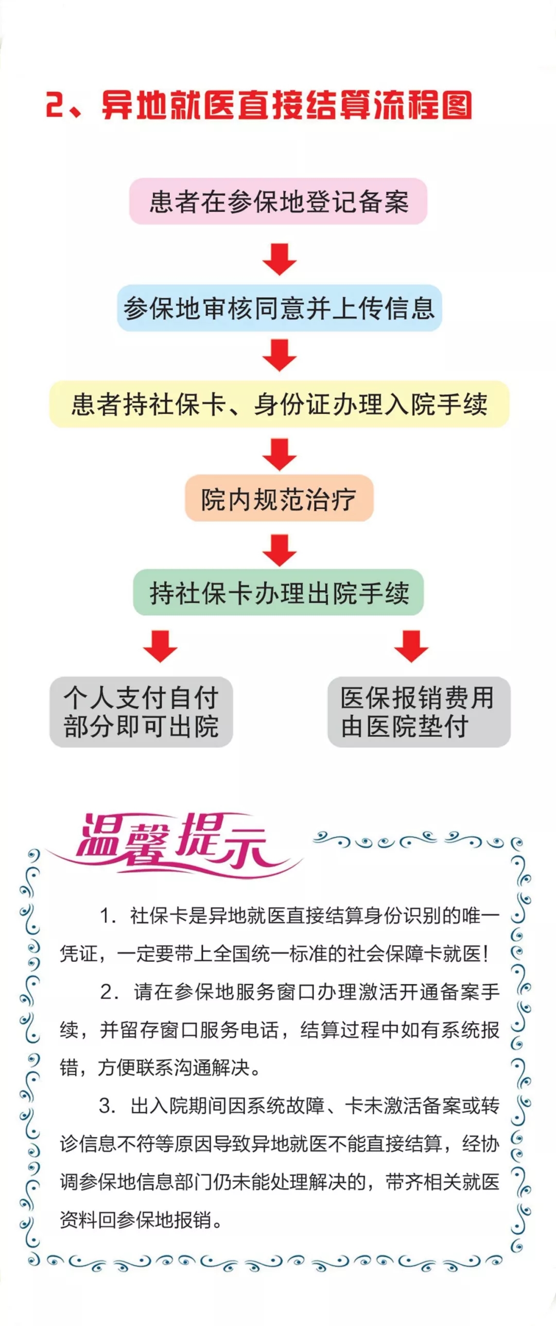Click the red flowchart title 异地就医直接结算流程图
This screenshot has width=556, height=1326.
286,105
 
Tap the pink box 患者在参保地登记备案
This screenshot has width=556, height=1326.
278,201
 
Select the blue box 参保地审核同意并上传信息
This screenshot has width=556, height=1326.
279,308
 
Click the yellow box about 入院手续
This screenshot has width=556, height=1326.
279,404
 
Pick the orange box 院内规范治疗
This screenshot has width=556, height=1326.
279,498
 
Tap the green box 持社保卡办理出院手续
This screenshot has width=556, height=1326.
279,592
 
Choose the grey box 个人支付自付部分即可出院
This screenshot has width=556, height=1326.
141,712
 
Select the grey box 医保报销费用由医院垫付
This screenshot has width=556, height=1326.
419,712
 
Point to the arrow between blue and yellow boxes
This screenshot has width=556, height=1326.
279,355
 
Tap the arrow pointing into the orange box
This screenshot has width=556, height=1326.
279,454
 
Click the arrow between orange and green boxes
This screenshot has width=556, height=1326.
279,550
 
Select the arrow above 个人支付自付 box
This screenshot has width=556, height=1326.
160,646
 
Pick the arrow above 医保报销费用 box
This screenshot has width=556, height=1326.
411,646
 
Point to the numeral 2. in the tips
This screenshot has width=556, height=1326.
109,992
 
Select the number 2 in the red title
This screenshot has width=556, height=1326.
56,105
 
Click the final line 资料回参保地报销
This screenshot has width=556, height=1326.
140,1219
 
